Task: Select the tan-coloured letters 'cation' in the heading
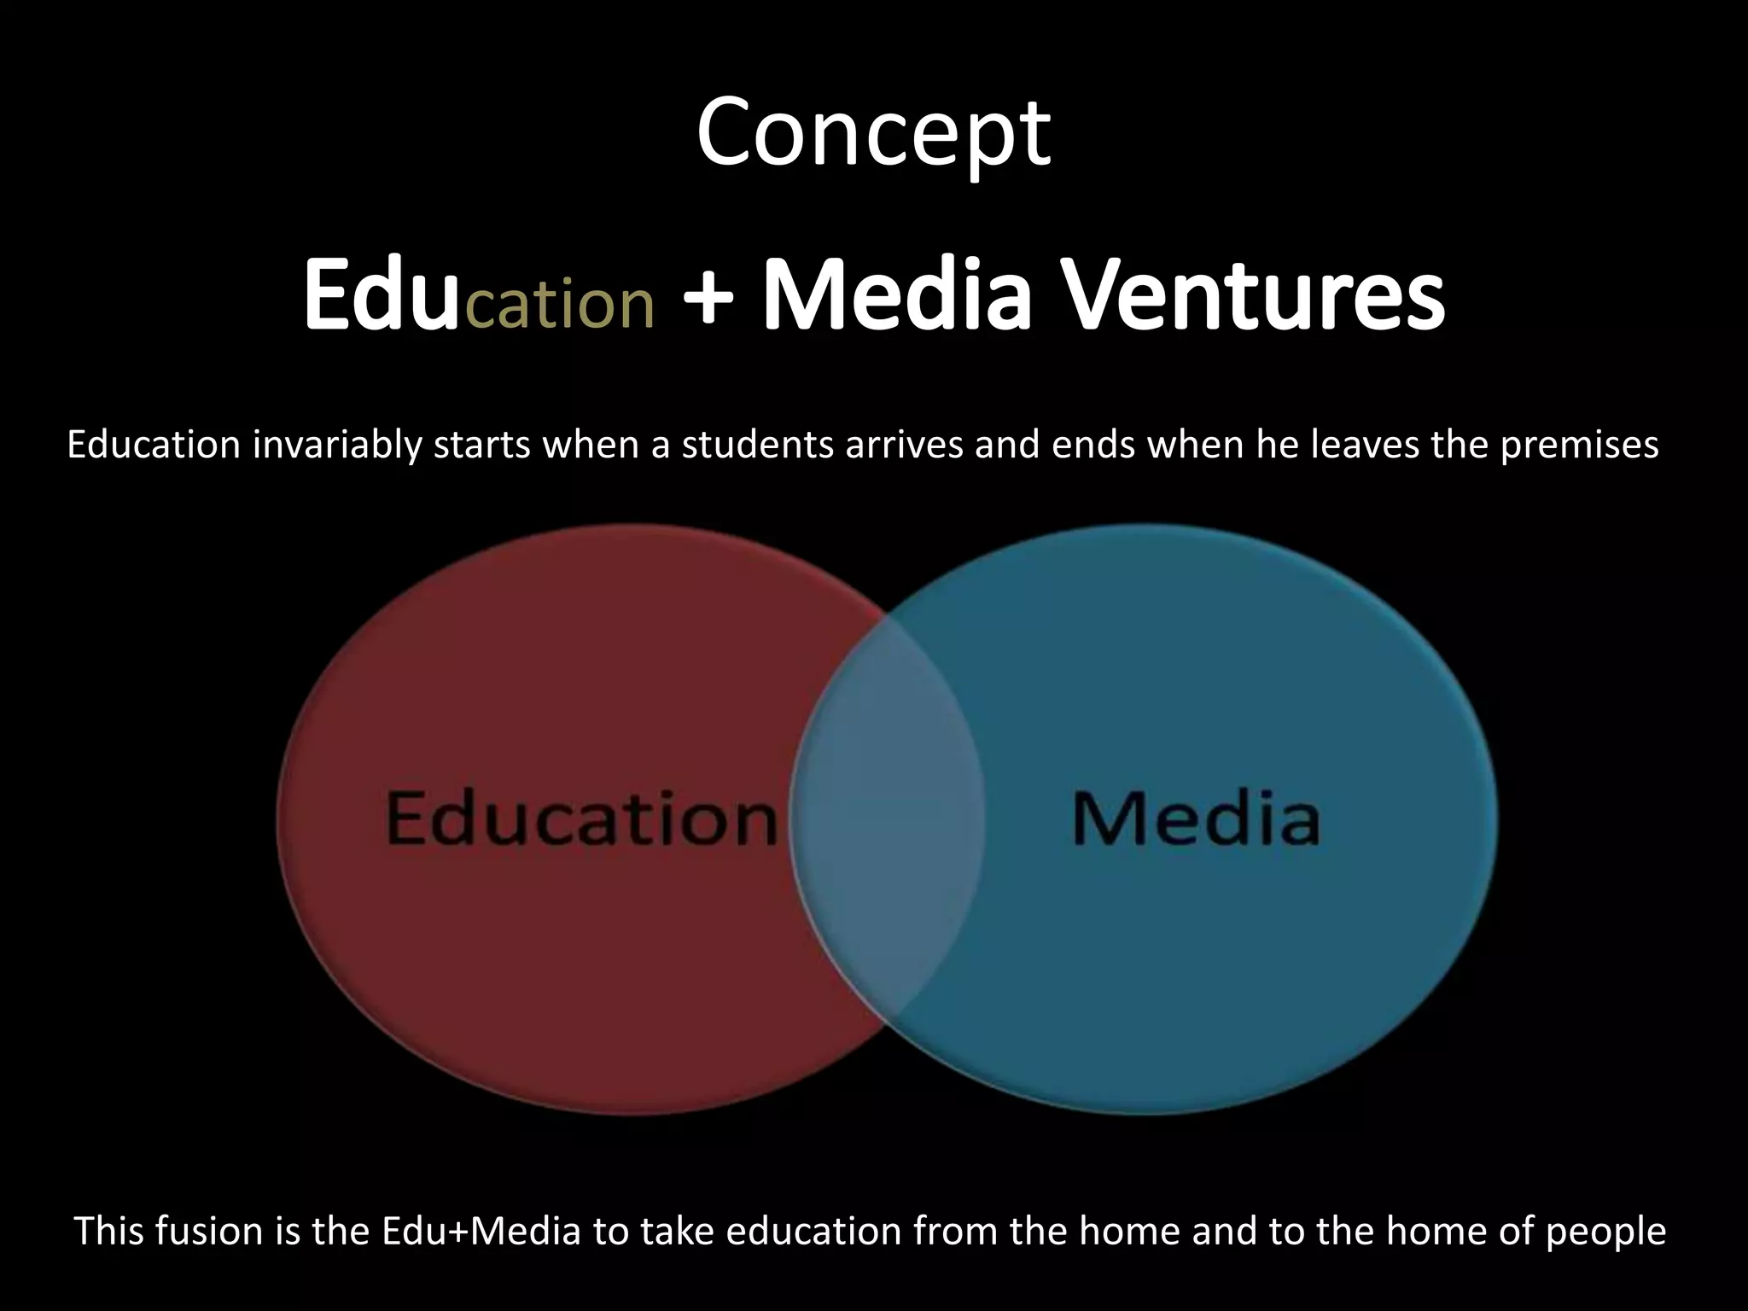pyautogui.click(x=560, y=302)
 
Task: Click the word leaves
pyautogui.click(x=1366, y=445)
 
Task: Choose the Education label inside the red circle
pyautogui.click(x=581, y=819)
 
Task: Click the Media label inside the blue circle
pyautogui.click(x=1195, y=819)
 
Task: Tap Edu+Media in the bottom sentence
pyautogui.click(x=481, y=1231)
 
